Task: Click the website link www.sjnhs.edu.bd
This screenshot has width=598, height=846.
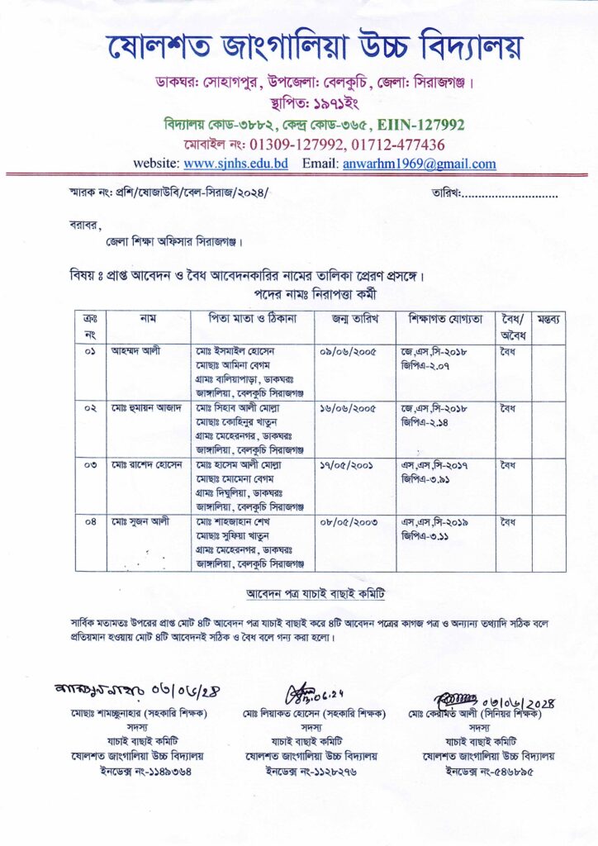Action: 235,164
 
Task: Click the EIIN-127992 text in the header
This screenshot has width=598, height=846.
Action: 421,125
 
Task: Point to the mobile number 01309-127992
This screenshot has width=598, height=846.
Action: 287,145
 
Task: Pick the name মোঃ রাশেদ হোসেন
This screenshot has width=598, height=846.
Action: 145,464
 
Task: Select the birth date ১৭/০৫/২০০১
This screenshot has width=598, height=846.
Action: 348,464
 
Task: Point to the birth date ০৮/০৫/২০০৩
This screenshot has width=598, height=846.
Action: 348,521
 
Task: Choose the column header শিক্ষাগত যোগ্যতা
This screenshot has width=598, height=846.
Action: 444,318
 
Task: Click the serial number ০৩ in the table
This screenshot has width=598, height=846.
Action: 90,464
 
